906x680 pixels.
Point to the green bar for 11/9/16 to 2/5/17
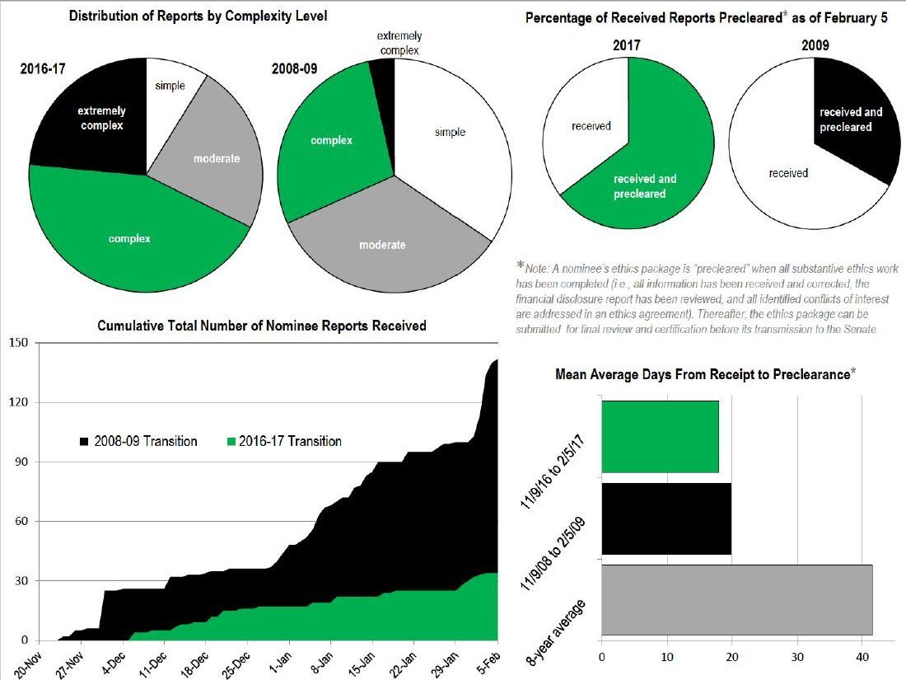[660, 437]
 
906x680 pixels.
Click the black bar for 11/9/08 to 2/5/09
[666, 518]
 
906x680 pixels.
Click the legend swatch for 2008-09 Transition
[85, 442]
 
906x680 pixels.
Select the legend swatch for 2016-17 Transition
[231, 442]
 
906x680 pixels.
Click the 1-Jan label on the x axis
[281, 660]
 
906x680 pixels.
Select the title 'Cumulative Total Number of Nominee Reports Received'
[261, 326]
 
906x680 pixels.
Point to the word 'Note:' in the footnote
[540, 270]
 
